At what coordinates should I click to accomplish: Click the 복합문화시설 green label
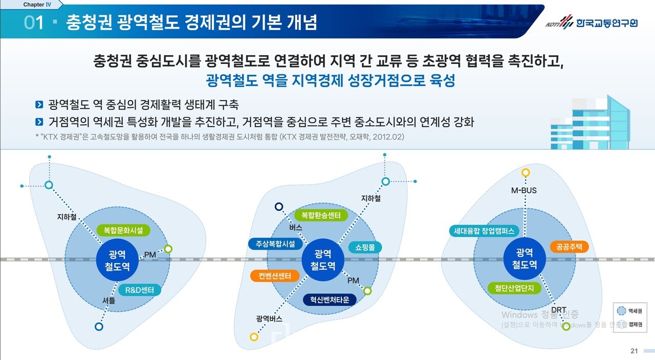(x=123, y=230)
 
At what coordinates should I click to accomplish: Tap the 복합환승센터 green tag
(x=321, y=215)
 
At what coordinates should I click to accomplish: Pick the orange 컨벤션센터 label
(x=274, y=276)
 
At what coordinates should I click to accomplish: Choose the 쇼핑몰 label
(x=365, y=247)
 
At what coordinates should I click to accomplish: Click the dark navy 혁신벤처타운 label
(x=329, y=299)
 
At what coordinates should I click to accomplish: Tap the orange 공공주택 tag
(x=570, y=246)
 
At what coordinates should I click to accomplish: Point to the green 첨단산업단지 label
(x=514, y=288)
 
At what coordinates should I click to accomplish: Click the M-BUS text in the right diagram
(x=524, y=191)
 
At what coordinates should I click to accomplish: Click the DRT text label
(x=558, y=309)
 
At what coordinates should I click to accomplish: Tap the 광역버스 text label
(x=269, y=319)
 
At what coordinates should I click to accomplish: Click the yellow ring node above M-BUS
(x=526, y=173)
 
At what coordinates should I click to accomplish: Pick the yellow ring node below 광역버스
(x=254, y=336)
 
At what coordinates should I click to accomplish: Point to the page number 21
(x=634, y=351)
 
